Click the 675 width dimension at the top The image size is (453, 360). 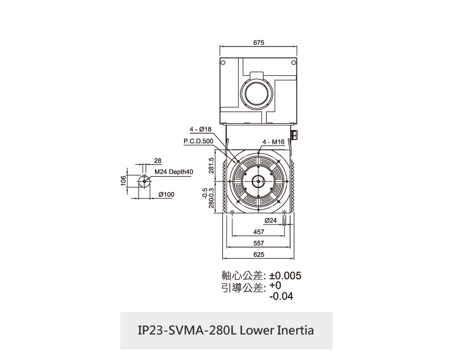coord(258,42)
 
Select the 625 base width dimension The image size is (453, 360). coord(258,255)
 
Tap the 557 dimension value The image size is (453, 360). coord(258,243)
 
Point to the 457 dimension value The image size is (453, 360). coord(258,232)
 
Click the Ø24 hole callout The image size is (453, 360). coord(271,220)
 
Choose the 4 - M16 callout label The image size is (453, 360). coord(274,142)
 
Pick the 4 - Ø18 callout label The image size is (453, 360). coord(201,130)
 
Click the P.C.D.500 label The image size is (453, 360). coord(198,141)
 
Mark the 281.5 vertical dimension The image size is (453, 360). coord(211,166)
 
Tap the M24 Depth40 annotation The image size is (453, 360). coord(173,172)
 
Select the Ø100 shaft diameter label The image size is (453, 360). coord(166,194)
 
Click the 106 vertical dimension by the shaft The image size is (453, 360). coord(123,181)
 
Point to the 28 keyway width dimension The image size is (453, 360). coord(157,160)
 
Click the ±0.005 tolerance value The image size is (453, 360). coord(285,276)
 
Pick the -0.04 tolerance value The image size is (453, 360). coord(281,296)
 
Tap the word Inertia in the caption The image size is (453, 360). coord(296,331)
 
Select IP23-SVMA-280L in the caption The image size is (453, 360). coord(187,331)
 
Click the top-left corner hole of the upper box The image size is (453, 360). coord(223,62)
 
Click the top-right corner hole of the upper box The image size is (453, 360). coord(294,62)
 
